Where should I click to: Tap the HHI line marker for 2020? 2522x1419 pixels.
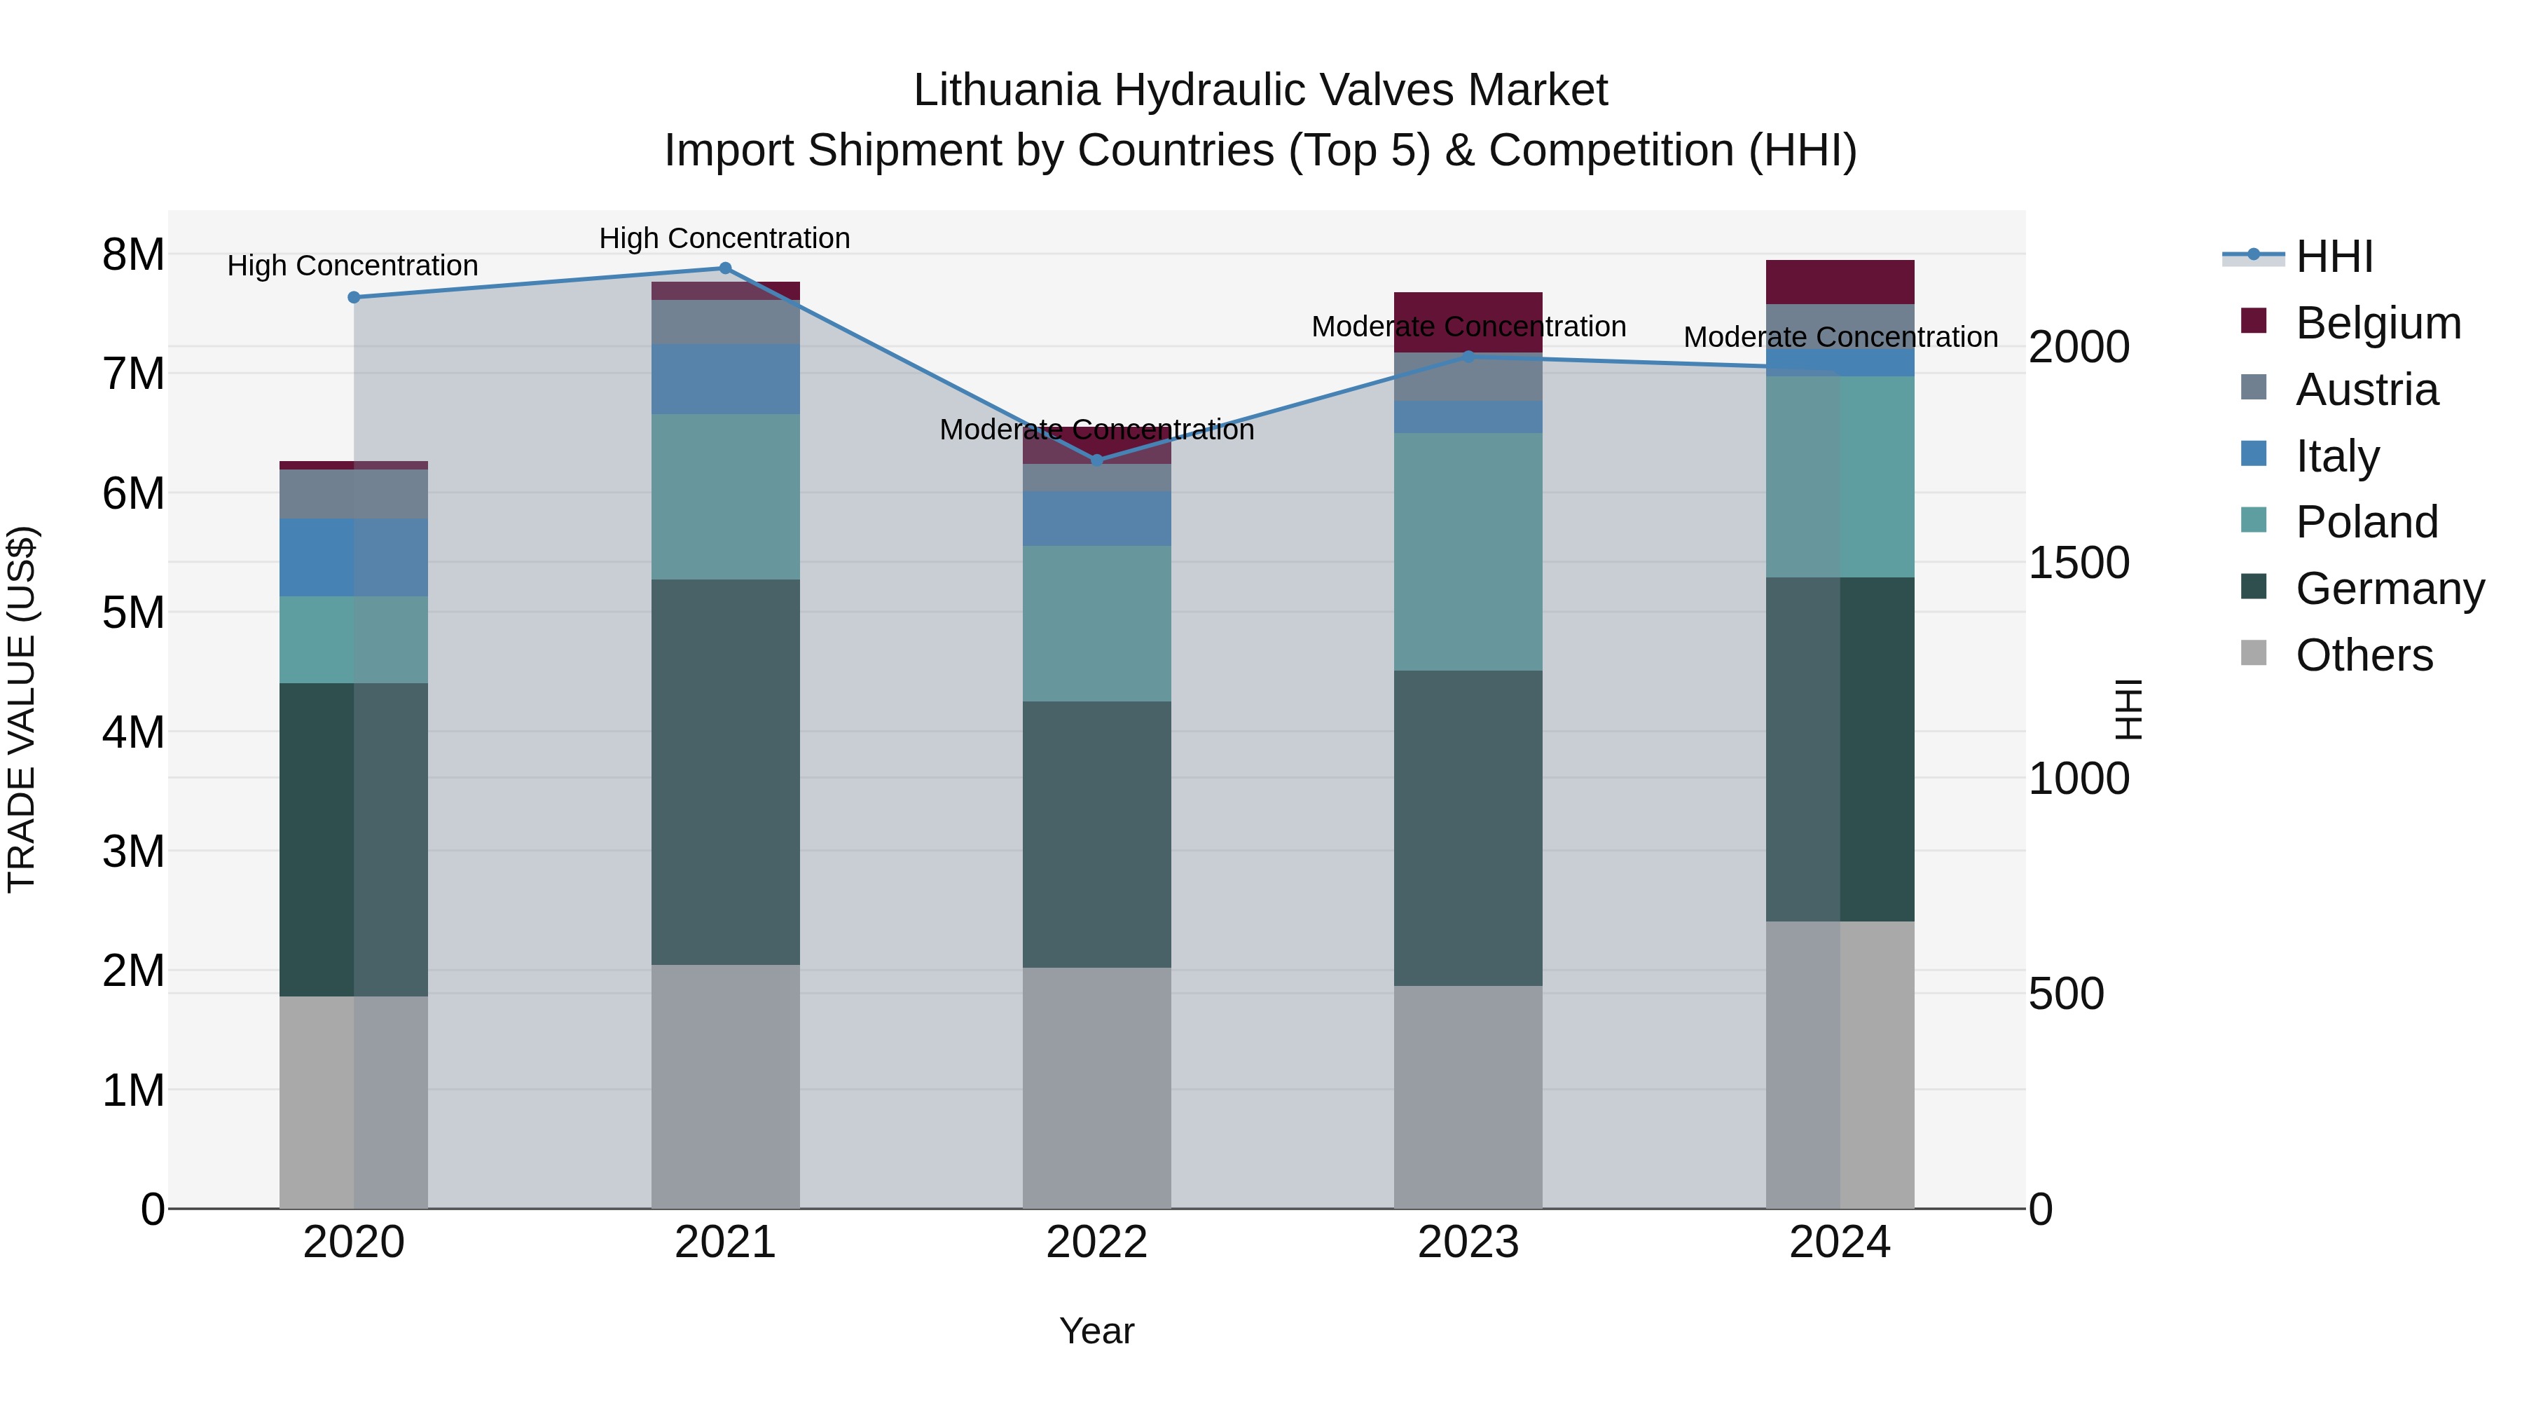coord(354,298)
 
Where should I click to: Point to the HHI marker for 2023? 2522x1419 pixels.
coord(1468,357)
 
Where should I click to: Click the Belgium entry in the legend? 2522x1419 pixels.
coord(2377,323)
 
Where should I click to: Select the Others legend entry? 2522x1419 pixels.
coord(2364,655)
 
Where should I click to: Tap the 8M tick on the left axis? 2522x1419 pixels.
coord(133,254)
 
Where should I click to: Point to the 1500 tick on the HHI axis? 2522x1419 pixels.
coord(2079,563)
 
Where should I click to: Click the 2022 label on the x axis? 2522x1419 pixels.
coord(1096,1242)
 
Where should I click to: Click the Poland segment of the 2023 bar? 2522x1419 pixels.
coord(1468,551)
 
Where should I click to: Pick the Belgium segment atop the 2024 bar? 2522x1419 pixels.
coord(1840,282)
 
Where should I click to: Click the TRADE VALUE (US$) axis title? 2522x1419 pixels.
coord(22,709)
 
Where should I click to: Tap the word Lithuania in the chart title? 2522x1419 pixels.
coord(1005,90)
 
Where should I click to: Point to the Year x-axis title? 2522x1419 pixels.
coord(1096,1331)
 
